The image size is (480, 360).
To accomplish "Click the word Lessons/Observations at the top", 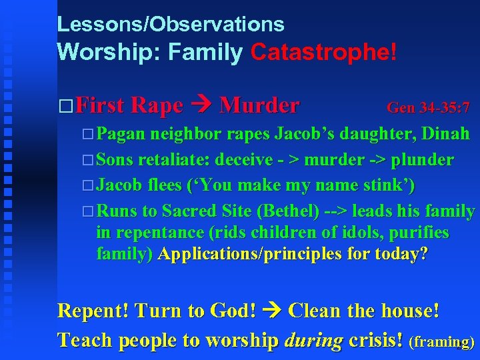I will (x=171, y=25).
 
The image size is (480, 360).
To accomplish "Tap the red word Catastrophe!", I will (x=323, y=53).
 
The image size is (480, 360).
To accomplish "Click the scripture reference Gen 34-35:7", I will (x=428, y=107).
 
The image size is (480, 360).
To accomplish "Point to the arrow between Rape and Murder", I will (x=201, y=105).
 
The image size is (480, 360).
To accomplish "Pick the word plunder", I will (x=423, y=161).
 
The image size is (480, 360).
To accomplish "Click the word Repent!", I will (x=93, y=311).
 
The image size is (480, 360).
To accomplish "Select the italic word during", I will (x=312, y=340).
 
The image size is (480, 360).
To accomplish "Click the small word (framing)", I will (x=442, y=342).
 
